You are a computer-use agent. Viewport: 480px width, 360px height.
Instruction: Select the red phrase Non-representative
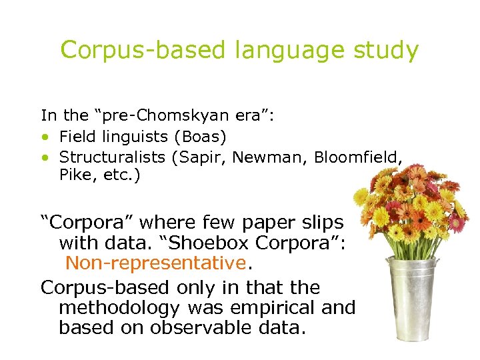tap(156, 263)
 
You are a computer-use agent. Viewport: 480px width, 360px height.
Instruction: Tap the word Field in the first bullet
tap(75, 137)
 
